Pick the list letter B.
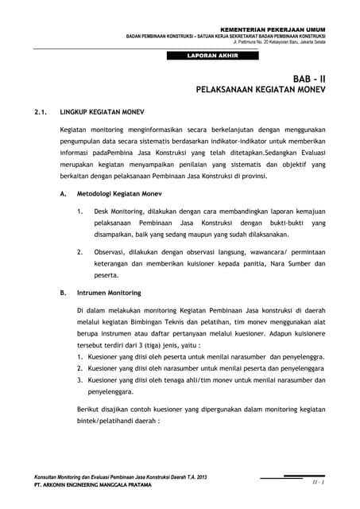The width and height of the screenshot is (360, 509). click(63, 293)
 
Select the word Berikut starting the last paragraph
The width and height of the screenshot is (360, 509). click(91, 408)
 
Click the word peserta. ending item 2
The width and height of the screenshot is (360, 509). click(106, 275)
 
